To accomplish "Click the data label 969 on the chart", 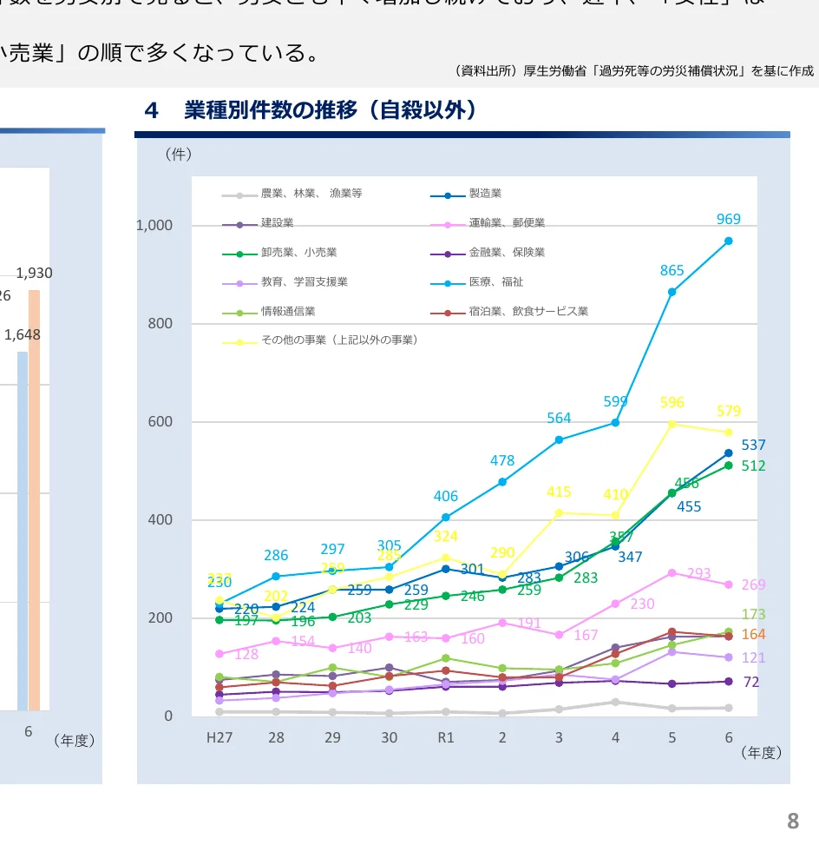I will pos(729,220).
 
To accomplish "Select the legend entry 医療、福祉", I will pos(495,282).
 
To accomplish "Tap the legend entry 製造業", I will pos(485,194).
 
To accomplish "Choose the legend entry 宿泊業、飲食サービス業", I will pos(527,312).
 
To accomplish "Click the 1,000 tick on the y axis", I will pos(154,226).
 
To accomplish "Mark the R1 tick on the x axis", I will pos(445,737).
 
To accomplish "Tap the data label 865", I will pos(672,270).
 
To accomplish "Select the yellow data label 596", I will pos(672,403).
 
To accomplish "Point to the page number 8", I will pos(792,821).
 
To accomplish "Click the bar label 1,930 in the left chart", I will pos(35,273).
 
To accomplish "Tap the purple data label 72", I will pos(751,683).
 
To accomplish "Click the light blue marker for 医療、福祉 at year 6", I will pos(729,241).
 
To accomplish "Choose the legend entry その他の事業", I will pos(339,340).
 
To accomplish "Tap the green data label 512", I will pos(753,466).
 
